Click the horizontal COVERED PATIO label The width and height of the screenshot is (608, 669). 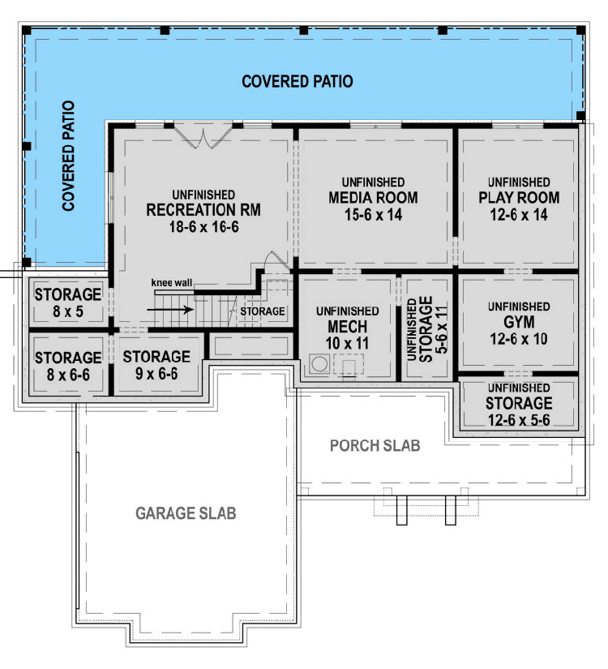click(x=297, y=81)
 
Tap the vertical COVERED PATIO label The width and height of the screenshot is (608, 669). click(x=69, y=156)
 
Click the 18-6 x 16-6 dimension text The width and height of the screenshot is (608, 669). click(x=203, y=227)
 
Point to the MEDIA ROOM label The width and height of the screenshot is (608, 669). click(x=373, y=198)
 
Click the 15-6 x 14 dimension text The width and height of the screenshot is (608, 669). click(x=373, y=214)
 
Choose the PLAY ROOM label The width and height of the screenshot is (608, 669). click(x=518, y=198)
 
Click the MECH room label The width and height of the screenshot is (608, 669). click(x=347, y=327)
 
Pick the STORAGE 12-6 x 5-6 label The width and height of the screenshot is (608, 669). click(x=518, y=403)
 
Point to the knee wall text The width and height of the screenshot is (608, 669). click(x=171, y=282)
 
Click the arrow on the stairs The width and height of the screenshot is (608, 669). click(x=182, y=309)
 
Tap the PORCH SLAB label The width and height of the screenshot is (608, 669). click(x=375, y=447)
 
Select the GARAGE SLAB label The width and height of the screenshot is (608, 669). click(x=186, y=513)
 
